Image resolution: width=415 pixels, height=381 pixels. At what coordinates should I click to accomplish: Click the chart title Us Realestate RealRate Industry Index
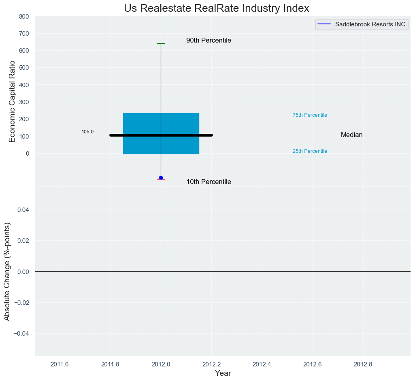click(216, 8)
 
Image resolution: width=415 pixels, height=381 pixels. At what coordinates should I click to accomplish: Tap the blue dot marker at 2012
click(161, 178)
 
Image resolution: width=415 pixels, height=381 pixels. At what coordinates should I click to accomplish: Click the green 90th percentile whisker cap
click(161, 43)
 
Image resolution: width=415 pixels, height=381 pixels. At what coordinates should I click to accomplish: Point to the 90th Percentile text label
click(209, 41)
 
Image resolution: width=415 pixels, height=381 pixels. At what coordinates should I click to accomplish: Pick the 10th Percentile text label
click(209, 182)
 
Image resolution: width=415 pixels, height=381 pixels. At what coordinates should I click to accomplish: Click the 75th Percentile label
click(310, 115)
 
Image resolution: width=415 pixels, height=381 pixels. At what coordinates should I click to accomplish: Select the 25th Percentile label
click(310, 151)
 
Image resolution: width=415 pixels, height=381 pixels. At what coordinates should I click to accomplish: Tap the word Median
click(351, 135)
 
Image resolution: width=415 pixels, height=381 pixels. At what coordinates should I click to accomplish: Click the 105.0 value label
click(87, 132)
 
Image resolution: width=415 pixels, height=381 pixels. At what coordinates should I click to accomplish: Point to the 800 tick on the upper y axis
click(24, 17)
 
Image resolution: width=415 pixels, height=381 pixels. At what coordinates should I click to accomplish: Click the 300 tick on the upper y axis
click(24, 102)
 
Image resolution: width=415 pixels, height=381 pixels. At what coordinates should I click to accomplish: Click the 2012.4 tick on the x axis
click(262, 364)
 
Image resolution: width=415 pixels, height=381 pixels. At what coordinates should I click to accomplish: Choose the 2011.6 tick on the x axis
click(60, 364)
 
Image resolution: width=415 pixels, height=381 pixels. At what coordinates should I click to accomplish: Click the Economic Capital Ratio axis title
click(12, 101)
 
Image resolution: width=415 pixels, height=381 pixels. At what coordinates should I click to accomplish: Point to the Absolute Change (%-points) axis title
click(7, 271)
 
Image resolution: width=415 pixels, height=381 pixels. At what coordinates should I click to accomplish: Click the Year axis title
click(223, 373)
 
